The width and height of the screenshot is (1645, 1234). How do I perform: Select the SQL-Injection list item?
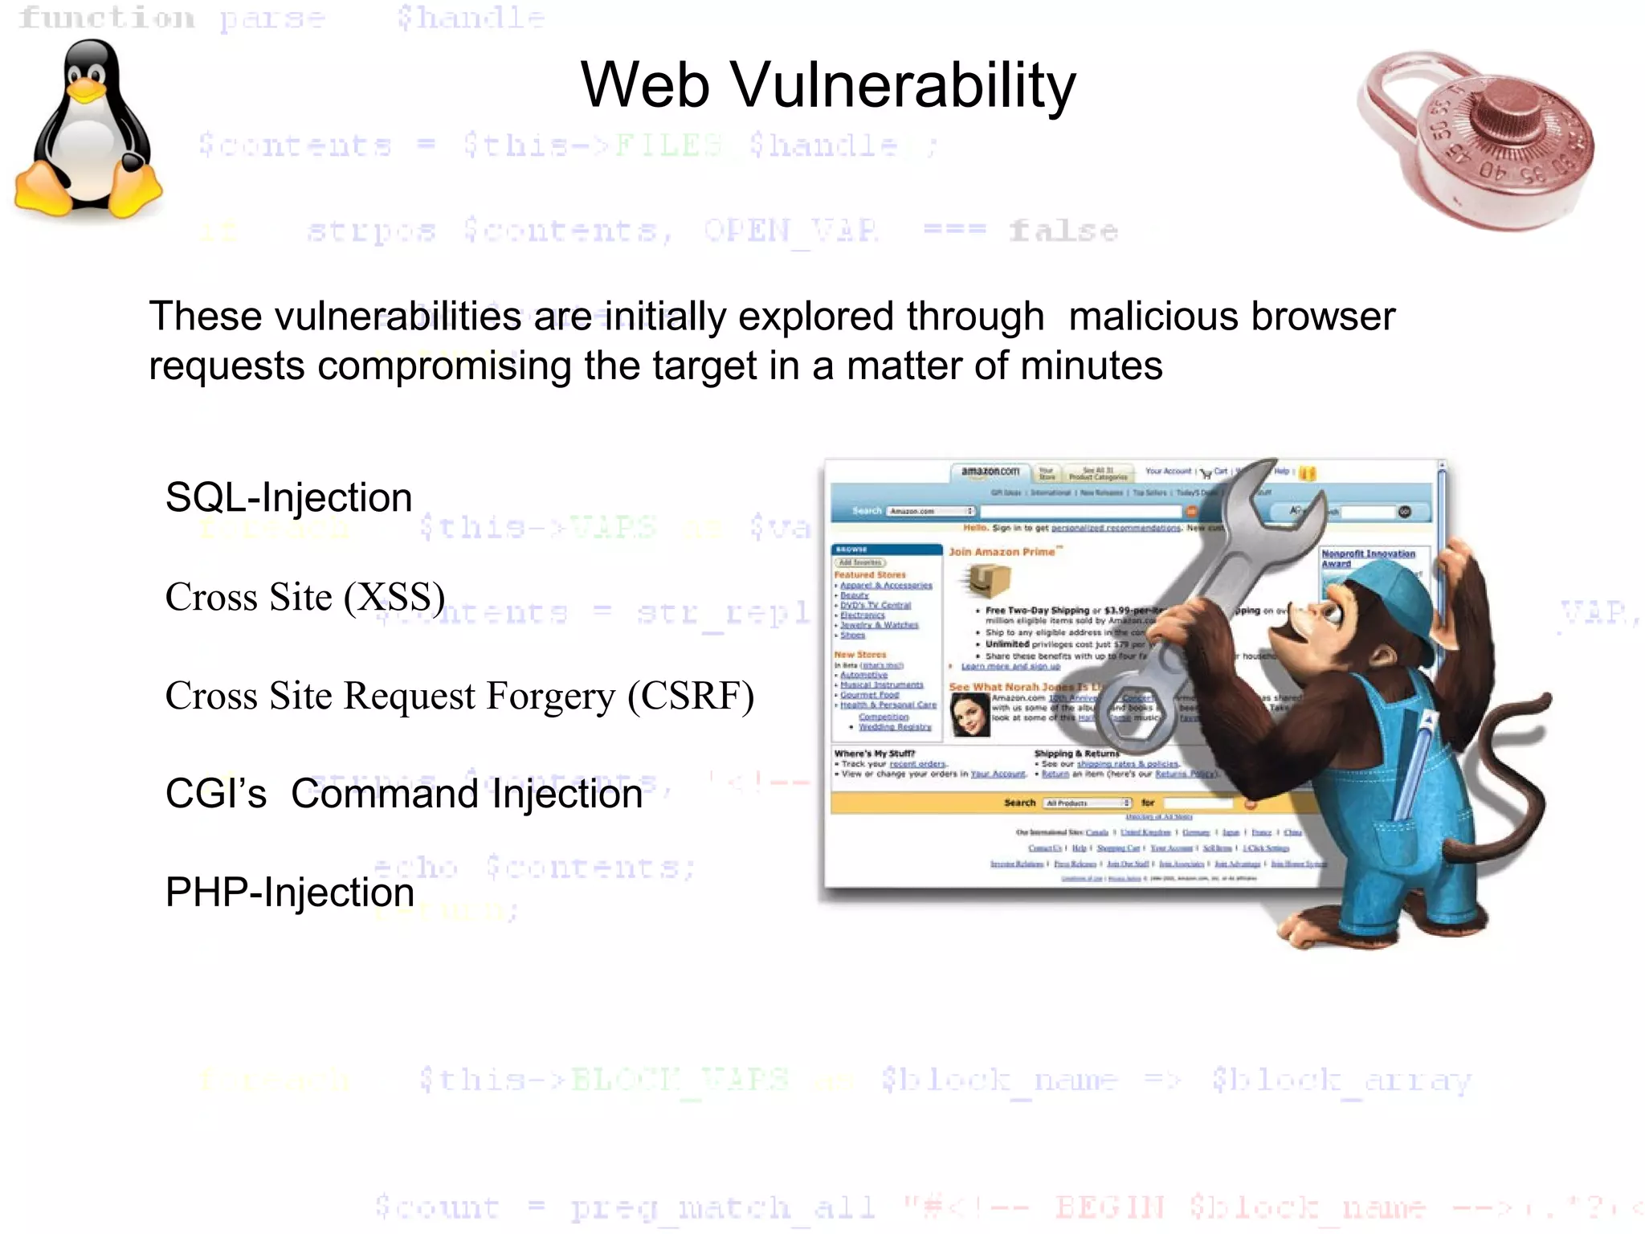click(x=288, y=497)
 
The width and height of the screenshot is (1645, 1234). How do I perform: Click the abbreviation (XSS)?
click(x=394, y=597)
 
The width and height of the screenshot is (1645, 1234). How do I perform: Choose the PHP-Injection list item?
click(x=289, y=893)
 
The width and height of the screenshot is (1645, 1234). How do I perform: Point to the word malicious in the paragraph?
click(x=1154, y=317)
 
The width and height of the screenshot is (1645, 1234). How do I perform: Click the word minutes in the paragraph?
click(x=1088, y=366)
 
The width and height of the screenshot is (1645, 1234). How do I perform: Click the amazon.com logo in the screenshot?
click(x=990, y=472)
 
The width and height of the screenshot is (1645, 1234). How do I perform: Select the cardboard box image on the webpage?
click(x=987, y=579)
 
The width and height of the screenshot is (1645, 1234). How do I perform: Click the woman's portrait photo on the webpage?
click(x=969, y=714)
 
